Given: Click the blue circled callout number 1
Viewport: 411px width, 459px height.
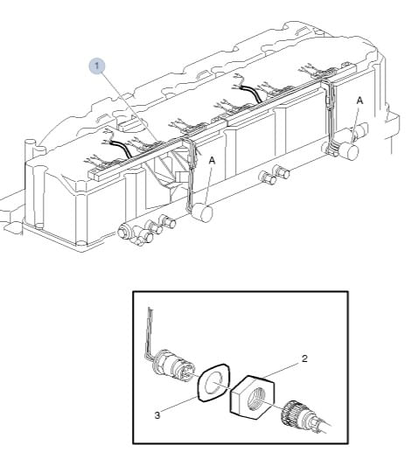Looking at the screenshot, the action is (x=96, y=66).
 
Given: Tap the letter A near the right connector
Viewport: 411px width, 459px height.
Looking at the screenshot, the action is (x=359, y=101).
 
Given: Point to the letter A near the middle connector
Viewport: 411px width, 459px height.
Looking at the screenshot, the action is (x=212, y=160).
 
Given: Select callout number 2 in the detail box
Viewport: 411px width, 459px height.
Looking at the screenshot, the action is (x=304, y=358).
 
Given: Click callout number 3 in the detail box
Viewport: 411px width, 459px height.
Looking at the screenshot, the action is (x=157, y=415).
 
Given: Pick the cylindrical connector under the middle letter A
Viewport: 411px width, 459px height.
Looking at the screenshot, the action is (x=203, y=212).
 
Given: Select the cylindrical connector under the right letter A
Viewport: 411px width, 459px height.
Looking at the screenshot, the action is (x=349, y=151).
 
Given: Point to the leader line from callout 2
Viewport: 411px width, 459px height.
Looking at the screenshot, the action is (x=282, y=371).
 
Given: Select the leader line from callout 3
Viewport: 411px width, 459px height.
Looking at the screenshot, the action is (x=180, y=405).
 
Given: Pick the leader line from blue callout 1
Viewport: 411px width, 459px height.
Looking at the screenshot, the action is (x=130, y=107).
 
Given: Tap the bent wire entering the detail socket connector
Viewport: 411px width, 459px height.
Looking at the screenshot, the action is (x=150, y=334).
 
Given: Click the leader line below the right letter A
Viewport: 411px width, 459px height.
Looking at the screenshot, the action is (x=356, y=123).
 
